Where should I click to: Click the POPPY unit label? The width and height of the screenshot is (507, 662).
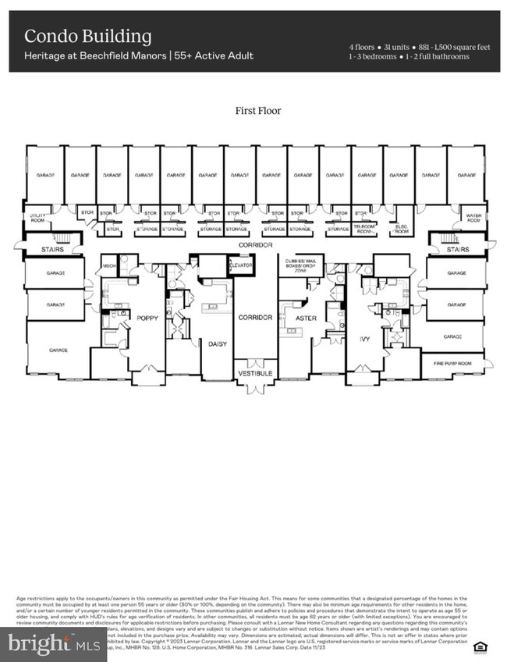[147, 319]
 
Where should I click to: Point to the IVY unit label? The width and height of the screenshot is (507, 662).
[365, 319]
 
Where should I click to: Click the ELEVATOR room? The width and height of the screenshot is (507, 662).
[242, 265]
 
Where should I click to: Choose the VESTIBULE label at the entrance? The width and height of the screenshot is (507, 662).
[254, 375]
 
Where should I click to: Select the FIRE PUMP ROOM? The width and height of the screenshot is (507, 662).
[452, 363]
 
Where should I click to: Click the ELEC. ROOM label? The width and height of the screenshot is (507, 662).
[402, 230]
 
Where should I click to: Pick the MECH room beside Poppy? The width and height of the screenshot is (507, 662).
[108, 266]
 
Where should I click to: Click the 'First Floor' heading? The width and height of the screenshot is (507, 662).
[258, 111]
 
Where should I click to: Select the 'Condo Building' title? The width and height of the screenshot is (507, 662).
[87, 36]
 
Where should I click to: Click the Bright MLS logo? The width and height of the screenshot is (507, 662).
[53, 644]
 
